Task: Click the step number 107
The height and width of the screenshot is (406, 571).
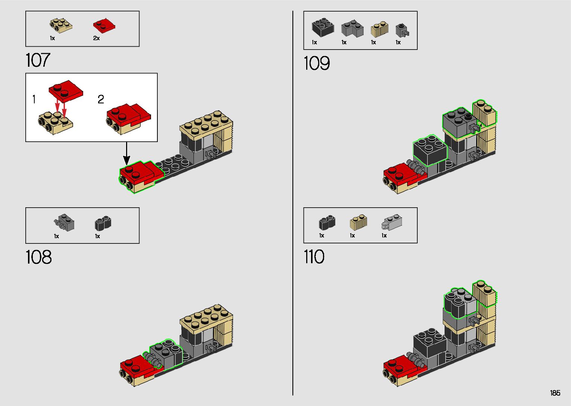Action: (x=38, y=60)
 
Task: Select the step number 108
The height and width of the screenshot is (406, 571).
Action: (x=38, y=257)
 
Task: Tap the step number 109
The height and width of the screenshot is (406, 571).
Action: (x=317, y=63)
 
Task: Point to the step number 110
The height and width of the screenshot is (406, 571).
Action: (x=314, y=257)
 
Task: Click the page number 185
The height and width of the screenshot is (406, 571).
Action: (x=555, y=393)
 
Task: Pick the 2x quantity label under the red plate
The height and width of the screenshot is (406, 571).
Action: (x=96, y=38)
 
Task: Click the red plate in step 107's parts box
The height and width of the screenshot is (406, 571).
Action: (x=103, y=26)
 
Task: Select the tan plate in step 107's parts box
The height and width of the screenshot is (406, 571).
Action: (x=61, y=25)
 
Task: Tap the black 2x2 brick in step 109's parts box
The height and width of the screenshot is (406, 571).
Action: (x=323, y=28)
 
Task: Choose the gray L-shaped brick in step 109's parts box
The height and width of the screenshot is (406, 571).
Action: (x=352, y=28)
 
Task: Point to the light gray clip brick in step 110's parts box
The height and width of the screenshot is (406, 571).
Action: (x=392, y=222)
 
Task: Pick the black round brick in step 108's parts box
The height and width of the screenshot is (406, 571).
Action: (x=103, y=223)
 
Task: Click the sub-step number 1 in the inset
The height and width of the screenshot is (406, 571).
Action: (x=34, y=100)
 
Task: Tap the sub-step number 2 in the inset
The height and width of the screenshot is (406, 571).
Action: (x=101, y=100)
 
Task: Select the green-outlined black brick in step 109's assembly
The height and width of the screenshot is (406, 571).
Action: (x=430, y=151)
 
